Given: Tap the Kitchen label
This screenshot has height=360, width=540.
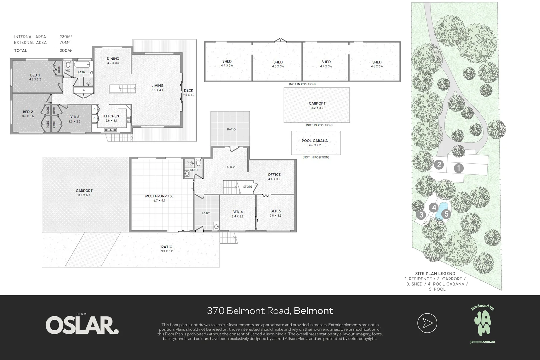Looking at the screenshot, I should tap(111, 116).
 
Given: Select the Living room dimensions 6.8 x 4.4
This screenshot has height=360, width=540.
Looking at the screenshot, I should tap(157, 90).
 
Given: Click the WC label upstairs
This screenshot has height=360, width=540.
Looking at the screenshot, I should tap(67, 71).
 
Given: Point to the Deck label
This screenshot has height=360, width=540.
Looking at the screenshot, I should tap(188, 90).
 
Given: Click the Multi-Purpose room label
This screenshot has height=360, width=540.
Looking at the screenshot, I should tap(159, 196).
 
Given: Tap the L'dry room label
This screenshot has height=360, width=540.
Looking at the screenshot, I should tap(206, 213).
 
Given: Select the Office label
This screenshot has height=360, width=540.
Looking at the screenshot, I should tap(274, 174).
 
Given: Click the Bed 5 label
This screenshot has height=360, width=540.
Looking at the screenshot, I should tap(275, 211).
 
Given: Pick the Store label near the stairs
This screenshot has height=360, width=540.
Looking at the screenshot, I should tap(248, 187).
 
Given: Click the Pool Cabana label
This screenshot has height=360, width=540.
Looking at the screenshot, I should tap(315, 141).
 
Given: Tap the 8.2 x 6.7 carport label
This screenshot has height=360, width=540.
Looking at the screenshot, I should tap(84, 195).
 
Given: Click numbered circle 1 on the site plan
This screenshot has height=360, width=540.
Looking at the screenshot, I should tap(459, 168).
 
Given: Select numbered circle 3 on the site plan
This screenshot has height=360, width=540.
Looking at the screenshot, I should tap(421, 215).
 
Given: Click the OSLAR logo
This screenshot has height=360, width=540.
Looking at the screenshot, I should tap(82, 325).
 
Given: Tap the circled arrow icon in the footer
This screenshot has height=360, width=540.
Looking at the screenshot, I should tap(427, 323).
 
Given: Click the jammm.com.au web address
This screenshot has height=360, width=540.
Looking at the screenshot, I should tap(482, 341).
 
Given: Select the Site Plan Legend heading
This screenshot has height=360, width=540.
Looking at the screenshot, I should tap(435, 274).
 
